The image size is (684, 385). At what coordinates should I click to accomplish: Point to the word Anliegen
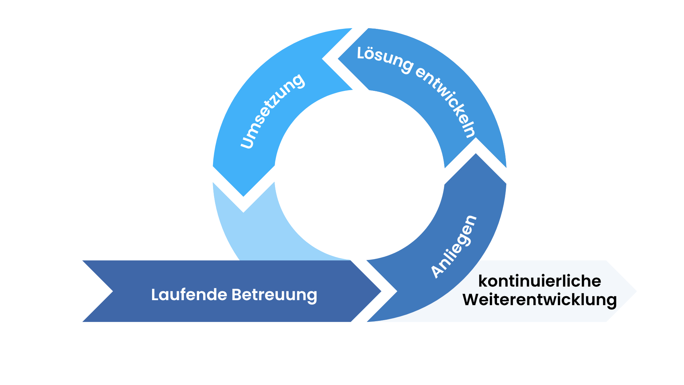pyautogui.click(x=453, y=247)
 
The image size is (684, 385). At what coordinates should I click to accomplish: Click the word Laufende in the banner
pyautogui.click(x=189, y=295)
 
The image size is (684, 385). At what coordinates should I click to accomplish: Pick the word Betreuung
pyautogui.click(x=274, y=295)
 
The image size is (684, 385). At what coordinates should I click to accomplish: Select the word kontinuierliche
pyautogui.click(x=539, y=281)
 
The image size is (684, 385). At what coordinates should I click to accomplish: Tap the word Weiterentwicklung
pyautogui.click(x=539, y=299)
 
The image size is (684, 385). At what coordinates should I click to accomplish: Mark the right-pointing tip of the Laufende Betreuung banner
pyautogui.click(x=381, y=291)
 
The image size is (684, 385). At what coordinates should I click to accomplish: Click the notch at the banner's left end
pyautogui.click(x=112, y=291)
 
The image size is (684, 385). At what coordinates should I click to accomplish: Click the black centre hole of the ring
pyautogui.click(x=360, y=175)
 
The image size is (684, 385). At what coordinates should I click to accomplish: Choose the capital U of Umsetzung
pyautogui.click(x=247, y=142)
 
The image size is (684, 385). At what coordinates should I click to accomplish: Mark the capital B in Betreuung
pyautogui.click(x=237, y=295)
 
